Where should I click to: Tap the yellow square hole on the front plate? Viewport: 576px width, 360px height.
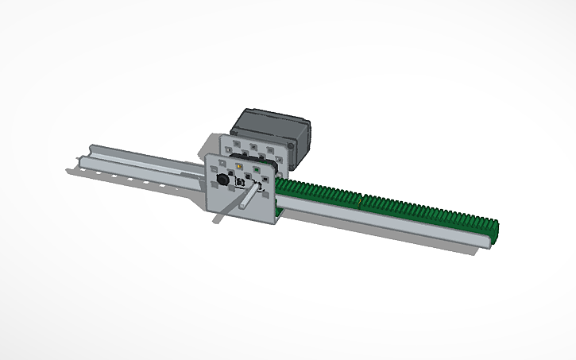[x=239, y=168]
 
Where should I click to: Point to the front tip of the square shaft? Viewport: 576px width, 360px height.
[x=217, y=218]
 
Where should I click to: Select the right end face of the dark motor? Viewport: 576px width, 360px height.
[x=303, y=143]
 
